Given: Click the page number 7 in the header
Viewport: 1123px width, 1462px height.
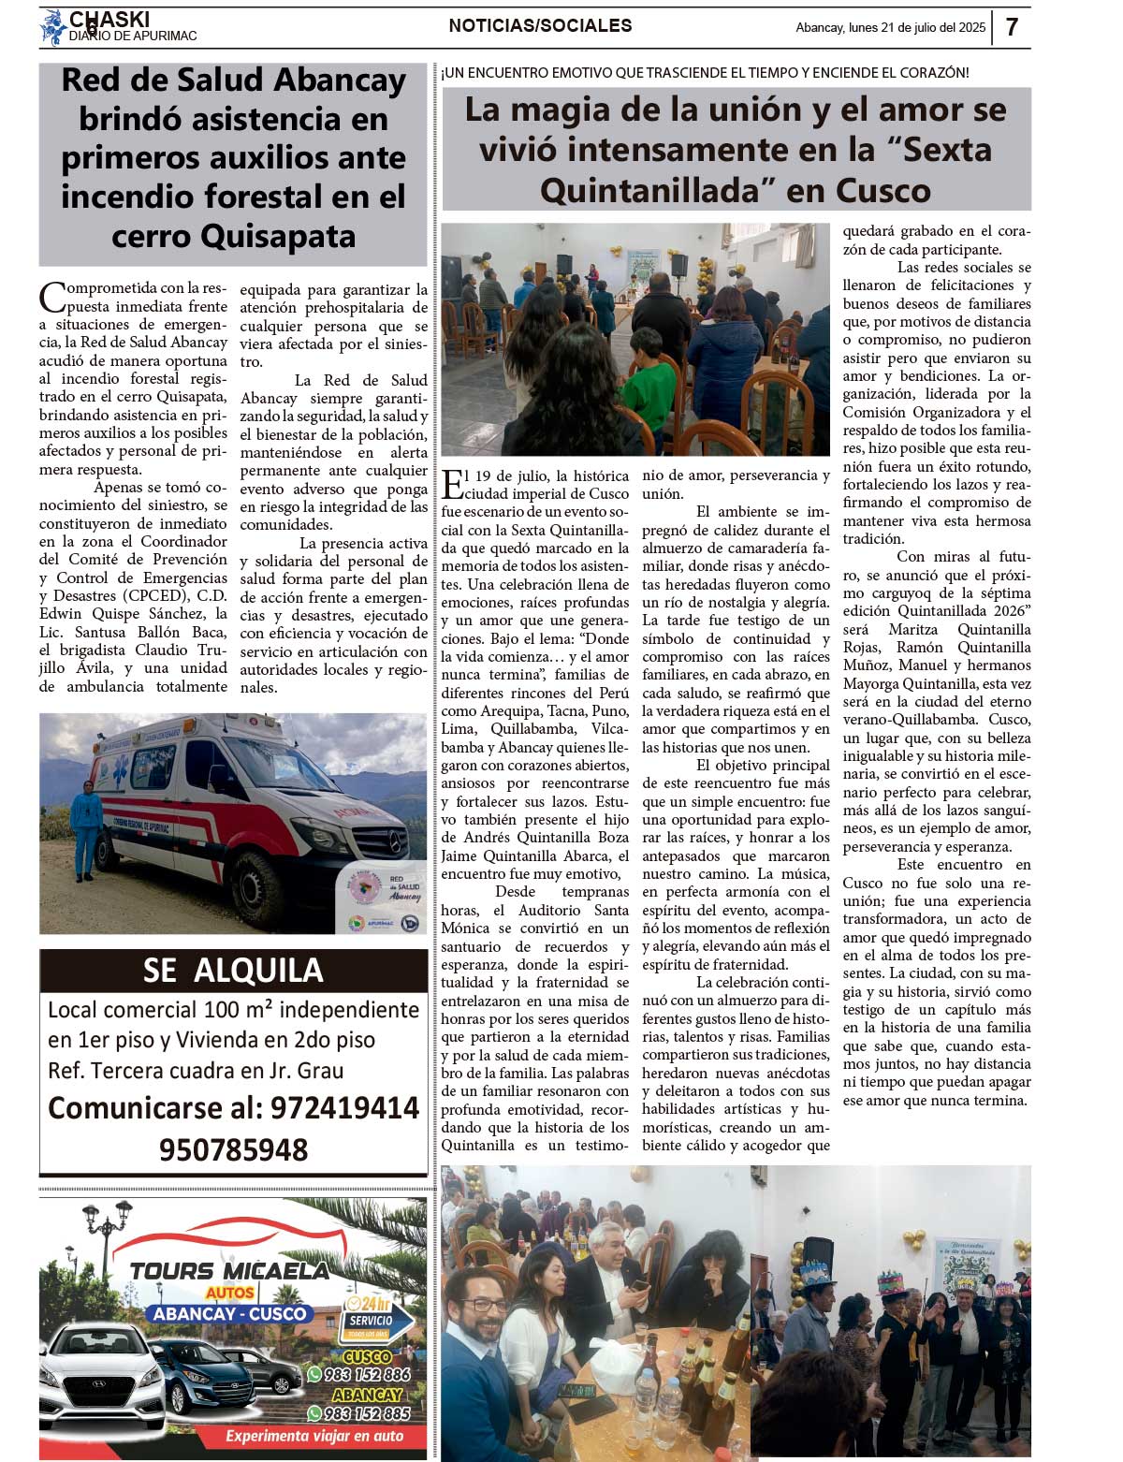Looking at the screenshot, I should (x=1013, y=27).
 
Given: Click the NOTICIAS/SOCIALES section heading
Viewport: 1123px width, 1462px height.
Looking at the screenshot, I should (x=540, y=26).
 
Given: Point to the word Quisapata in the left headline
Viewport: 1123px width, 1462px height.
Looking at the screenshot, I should (x=280, y=236).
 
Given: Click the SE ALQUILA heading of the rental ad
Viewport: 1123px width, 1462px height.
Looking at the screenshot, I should (x=233, y=970).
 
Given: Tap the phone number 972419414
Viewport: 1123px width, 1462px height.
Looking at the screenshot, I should (x=344, y=1108).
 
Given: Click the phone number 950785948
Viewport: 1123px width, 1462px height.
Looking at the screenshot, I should (x=233, y=1149).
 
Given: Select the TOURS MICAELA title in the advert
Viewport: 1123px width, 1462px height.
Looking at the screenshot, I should (x=229, y=1270).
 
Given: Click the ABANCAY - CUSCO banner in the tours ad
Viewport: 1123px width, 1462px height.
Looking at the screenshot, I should (x=231, y=1313).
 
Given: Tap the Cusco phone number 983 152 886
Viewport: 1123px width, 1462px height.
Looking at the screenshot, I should (x=366, y=1374).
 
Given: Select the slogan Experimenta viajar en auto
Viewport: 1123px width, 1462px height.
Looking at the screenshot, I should (x=314, y=1436).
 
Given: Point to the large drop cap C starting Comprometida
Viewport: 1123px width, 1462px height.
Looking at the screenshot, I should (x=52, y=298).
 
